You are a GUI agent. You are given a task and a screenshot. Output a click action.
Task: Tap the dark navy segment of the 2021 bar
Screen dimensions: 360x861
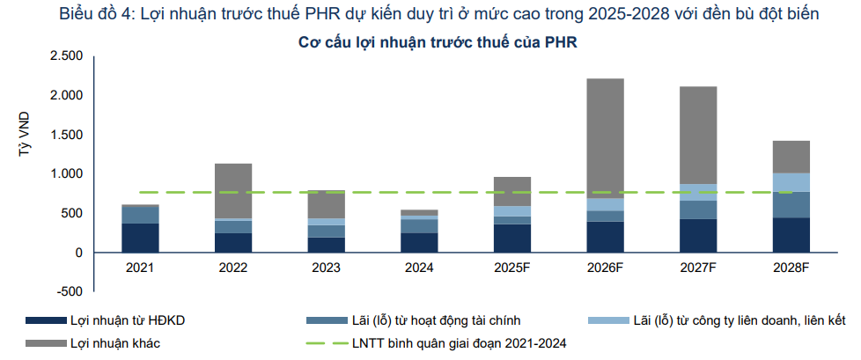point(141,238)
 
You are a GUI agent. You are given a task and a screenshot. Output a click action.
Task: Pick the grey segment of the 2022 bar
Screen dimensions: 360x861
point(233,190)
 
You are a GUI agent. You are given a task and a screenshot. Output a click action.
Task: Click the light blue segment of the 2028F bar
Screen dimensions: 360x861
point(791,182)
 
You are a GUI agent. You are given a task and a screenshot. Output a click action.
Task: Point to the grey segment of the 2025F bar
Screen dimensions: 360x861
point(511,191)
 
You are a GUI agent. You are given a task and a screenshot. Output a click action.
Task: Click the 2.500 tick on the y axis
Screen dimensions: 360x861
point(66,56)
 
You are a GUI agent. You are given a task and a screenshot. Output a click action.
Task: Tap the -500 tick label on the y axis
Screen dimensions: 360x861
point(70,291)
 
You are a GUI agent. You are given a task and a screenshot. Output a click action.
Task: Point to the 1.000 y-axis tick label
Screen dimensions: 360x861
point(66,174)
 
